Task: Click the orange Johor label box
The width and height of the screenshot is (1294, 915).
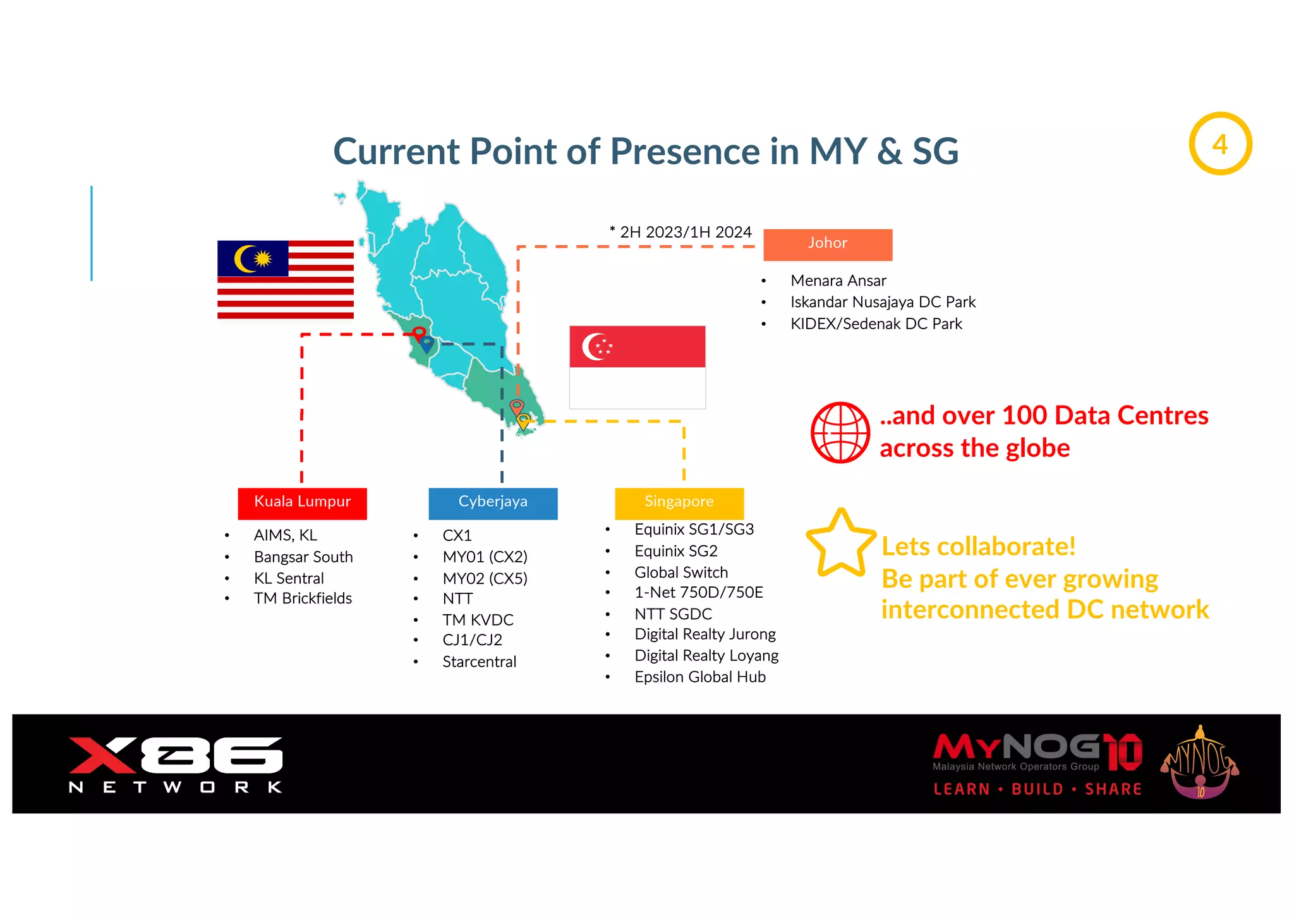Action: click(x=827, y=245)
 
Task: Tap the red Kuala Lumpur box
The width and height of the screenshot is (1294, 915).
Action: click(x=302, y=503)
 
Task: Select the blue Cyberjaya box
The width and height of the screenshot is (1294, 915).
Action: click(x=493, y=503)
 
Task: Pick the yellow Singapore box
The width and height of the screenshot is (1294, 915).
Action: click(x=679, y=503)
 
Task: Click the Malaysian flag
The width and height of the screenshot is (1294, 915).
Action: click(x=285, y=279)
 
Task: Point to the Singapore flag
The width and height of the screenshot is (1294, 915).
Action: click(x=637, y=367)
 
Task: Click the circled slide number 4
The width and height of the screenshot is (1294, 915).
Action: click(x=1220, y=144)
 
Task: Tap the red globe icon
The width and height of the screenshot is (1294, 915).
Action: click(x=840, y=433)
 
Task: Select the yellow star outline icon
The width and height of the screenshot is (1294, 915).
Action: click(x=841, y=544)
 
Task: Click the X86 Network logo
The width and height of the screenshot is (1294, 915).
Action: click(x=176, y=764)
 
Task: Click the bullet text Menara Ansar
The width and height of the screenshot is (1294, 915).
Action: click(x=838, y=281)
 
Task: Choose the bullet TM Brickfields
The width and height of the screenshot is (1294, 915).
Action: click(x=303, y=598)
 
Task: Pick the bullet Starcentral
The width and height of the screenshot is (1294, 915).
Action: click(x=479, y=662)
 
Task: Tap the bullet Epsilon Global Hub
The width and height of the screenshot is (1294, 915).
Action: click(x=699, y=677)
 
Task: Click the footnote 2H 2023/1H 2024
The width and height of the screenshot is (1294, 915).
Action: click(x=681, y=232)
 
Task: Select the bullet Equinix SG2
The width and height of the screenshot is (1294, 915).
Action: click(x=675, y=551)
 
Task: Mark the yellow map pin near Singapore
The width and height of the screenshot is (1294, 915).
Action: click(x=523, y=420)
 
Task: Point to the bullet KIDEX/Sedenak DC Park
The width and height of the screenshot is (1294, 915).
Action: click(x=876, y=324)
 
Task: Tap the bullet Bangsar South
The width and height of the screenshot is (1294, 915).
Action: click(x=303, y=557)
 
